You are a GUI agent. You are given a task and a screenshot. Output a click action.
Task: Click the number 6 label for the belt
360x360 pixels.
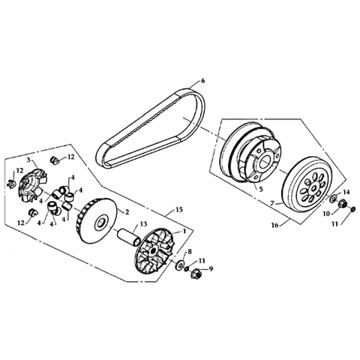(202, 81)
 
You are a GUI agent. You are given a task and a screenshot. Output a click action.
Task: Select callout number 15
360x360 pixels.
(179, 209)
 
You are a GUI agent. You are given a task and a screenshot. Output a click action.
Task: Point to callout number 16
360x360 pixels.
(274, 225)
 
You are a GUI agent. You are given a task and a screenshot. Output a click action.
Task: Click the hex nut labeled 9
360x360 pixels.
(196, 274)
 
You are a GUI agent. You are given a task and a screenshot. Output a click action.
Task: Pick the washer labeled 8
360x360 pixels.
(180, 265)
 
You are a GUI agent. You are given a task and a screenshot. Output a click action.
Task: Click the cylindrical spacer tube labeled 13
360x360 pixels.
(129, 237)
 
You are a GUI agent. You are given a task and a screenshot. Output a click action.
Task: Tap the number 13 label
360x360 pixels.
(144, 223)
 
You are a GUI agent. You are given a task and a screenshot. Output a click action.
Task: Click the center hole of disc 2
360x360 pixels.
(101, 222)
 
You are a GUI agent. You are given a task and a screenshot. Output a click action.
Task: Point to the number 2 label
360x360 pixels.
(127, 212)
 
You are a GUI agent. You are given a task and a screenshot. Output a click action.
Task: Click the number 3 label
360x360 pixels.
(28, 160)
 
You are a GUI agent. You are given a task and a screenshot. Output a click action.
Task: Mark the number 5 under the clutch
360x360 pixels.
(261, 190)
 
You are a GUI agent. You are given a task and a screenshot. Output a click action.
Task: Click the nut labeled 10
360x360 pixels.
(342, 205)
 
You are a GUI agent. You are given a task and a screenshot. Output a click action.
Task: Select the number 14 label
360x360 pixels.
(346, 192)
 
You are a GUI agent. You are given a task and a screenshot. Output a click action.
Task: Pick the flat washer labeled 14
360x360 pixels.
(333, 199)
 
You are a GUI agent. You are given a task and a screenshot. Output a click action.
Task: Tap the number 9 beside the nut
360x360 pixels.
(211, 269)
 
